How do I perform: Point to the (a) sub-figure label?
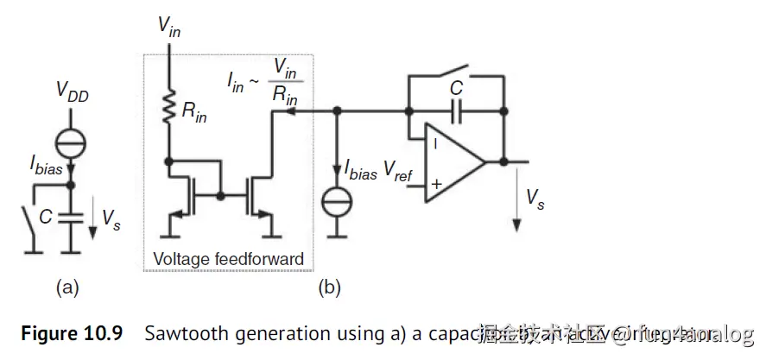pos(67,287)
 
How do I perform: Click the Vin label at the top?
pos(169,26)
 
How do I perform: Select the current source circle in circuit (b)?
pos(337,203)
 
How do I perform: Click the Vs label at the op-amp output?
pos(535,198)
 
